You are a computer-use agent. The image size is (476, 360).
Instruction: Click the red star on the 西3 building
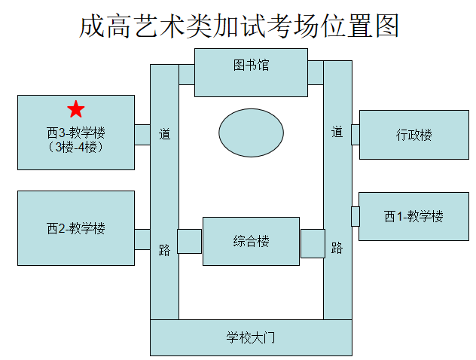75,110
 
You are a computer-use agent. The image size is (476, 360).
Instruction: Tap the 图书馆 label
251,66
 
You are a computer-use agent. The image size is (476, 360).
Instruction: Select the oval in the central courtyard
252,133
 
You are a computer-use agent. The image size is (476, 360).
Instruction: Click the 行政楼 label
414,136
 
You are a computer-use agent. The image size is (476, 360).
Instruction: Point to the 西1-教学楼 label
413,217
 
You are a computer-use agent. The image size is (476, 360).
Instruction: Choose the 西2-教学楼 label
75,228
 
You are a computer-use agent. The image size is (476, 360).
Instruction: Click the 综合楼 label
251,242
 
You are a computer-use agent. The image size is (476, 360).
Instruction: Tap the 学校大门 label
251,337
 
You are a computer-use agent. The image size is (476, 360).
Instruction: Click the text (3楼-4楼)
75,147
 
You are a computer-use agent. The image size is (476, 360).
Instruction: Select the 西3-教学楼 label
75,133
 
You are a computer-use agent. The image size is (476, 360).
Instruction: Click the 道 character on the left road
164,134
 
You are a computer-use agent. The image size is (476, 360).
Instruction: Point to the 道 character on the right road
337,133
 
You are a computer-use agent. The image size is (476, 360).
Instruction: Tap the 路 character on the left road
164,250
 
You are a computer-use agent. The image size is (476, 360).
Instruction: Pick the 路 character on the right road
337,248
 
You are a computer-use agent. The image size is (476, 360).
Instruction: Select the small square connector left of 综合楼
190,242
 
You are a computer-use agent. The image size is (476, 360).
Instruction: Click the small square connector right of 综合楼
313,243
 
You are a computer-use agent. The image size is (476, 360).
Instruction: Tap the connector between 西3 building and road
142,135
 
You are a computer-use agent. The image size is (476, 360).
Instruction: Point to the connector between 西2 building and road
142,239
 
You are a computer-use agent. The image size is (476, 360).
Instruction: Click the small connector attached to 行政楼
355,135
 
